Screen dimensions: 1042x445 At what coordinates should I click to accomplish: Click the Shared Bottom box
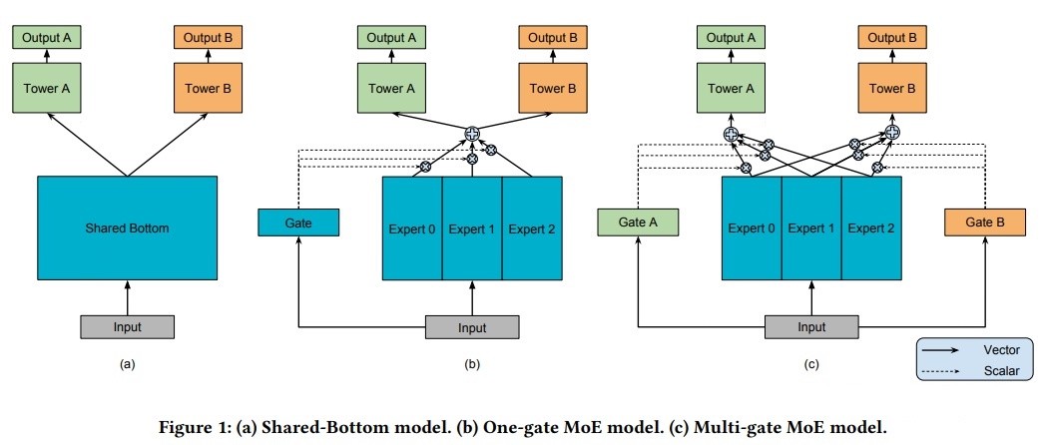[127, 227]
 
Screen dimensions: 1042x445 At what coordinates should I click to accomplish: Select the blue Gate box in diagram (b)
[298, 222]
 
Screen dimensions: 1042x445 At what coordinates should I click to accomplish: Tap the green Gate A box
[638, 222]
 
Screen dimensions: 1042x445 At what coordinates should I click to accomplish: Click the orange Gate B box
[985, 222]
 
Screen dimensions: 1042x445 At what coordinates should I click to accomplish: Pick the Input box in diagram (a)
[127, 327]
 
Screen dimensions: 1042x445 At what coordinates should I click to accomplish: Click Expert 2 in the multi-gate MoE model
[871, 227]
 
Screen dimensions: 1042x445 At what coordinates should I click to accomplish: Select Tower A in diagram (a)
[47, 88]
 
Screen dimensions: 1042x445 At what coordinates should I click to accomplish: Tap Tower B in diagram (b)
[553, 88]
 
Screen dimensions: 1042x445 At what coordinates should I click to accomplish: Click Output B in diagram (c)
[892, 38]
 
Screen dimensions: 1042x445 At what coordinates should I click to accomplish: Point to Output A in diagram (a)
[47, 38]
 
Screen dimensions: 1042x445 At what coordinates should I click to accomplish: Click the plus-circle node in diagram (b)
[472, 134]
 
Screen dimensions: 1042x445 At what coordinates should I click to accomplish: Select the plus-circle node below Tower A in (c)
[731, 134]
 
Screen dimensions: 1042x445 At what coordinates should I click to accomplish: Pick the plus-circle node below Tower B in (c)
[892, 132]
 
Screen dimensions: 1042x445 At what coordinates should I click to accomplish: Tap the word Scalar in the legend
[1001, 370]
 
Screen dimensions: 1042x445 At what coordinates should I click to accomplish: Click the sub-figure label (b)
[472, 364]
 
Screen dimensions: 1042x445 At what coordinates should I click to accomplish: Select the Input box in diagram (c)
[811, 327]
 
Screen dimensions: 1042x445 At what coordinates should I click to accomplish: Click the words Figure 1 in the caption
[192, 426]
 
